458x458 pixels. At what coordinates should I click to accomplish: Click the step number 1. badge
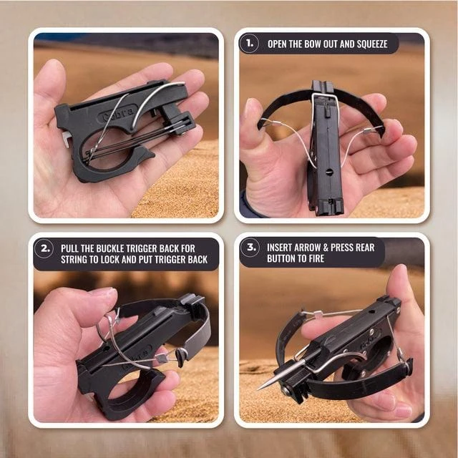point(249,43)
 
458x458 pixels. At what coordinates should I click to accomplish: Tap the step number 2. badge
point(44,248)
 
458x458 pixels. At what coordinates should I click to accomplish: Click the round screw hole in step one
point(328,172)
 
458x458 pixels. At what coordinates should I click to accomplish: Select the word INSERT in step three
point(279,248)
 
